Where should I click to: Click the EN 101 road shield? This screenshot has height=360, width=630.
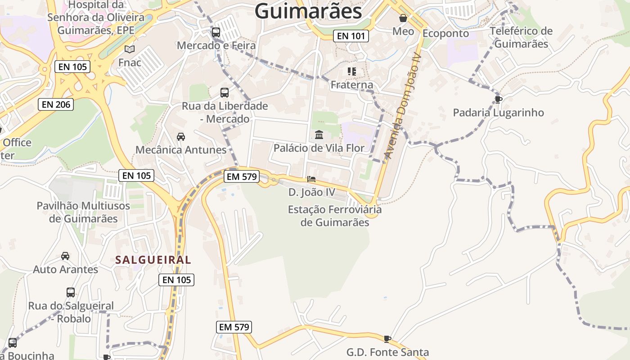[x=351, y=36]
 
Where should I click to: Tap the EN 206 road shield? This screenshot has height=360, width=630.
[x=55, y=105]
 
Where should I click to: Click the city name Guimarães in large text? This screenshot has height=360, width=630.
[x=308, y=12]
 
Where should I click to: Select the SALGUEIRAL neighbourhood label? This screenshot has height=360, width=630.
[x=153, y=260]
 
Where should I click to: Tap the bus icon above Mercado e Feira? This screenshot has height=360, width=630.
[x=216, y=32]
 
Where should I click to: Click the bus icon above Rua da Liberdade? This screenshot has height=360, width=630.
[x=225, y=93]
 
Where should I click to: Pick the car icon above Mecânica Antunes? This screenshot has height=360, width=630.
[x=181, y=136]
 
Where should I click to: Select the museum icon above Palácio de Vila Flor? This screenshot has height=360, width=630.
[x=319, y=135]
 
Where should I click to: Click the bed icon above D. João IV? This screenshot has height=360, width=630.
[x=311, y=179]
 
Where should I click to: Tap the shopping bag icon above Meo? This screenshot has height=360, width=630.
[x=403, y=18]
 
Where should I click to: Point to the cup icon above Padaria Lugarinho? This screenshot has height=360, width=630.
[x=498, y=99]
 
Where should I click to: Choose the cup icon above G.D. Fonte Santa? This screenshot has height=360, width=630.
[x=387, y=339]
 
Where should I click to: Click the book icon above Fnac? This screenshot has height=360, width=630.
[x=130, y=49]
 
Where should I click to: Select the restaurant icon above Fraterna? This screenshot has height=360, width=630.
[x=352, y=72]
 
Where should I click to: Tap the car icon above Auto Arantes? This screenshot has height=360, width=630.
[x=65, y=256]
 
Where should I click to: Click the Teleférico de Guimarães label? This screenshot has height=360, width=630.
[x=521, y=37]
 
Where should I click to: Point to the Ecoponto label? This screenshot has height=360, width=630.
[x=445, y=34]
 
